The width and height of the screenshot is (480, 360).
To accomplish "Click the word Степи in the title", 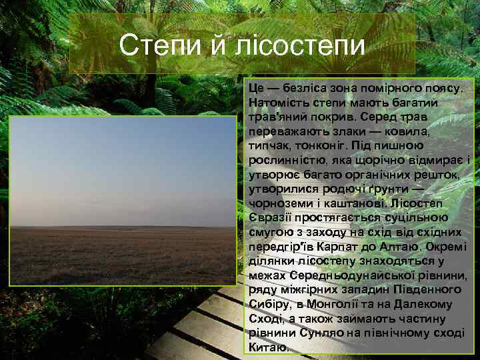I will [x=153, y=46].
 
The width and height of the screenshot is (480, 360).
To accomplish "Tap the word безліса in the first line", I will [x=305, y=89].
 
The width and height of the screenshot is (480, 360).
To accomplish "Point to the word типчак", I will [x=269, y=146].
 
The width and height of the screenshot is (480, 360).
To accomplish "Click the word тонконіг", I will [x=327, y=146].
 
